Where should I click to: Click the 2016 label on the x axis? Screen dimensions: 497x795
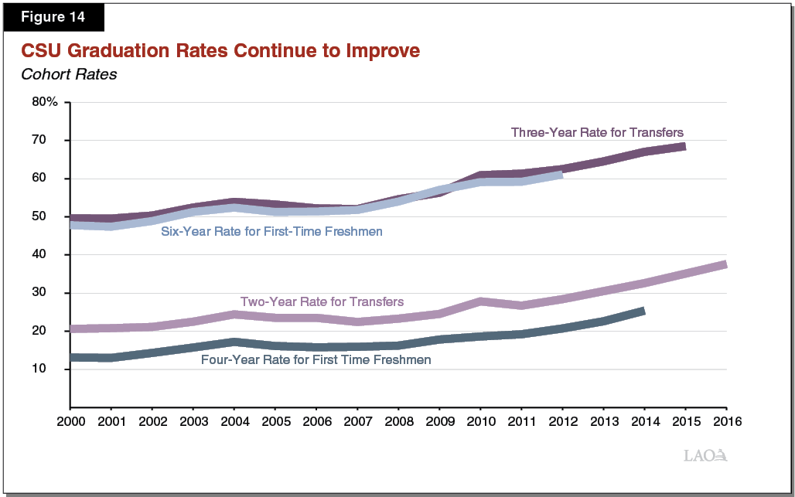[725, 422]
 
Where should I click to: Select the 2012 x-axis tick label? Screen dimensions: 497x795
[561, 422]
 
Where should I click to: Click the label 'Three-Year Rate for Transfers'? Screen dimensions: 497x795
[597, 132]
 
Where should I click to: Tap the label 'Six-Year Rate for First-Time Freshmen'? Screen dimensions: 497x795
[271, 231]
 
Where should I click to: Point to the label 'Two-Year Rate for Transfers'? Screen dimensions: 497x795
[322, 301]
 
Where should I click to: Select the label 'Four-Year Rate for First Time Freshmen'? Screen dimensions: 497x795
[316, 359]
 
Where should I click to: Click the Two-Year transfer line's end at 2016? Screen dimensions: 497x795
[725, 265]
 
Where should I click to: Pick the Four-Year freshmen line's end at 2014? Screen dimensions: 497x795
[643, 311]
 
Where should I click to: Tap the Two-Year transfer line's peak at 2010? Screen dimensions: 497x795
[480, 301]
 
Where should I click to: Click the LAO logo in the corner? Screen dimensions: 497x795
[705, 455]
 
